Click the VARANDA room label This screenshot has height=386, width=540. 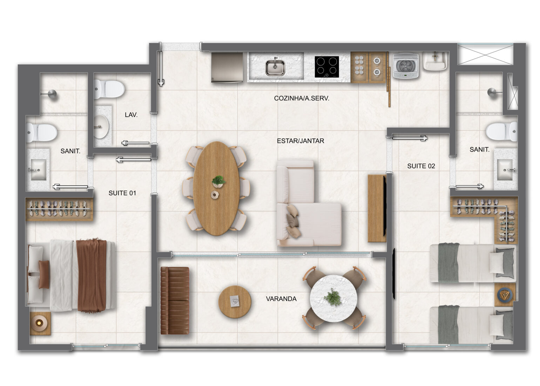[x=281, y=299]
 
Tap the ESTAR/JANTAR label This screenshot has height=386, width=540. [x=301, y=141]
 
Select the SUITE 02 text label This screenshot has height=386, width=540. [x=421, y=166]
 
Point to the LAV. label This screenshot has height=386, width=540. [x=131, y=115]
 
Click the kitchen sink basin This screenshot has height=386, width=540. [x=275, y=67]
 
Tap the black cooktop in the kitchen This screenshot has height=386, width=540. [x=327, y=67]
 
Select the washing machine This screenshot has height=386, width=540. [x=405, y=66]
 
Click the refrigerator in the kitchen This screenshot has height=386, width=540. [x=227, y=67]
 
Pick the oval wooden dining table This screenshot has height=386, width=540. [x=216, y=188]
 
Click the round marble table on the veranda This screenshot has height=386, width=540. [x=333, y=298]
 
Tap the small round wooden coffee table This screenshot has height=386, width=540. [x=235, y=302]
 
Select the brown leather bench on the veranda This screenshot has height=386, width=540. [x=175, y=300]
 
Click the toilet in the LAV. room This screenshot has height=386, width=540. [x=109, y=89]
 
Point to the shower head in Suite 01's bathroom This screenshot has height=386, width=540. [x=52, y=94]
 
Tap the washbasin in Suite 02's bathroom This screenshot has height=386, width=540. [x=505, y=169]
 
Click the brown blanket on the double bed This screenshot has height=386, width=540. [x=92, y=275]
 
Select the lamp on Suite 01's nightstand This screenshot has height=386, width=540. [x=39, y=323]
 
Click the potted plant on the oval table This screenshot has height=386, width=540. [x=218, y=181]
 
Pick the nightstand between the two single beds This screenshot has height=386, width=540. [x=505, y=294]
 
